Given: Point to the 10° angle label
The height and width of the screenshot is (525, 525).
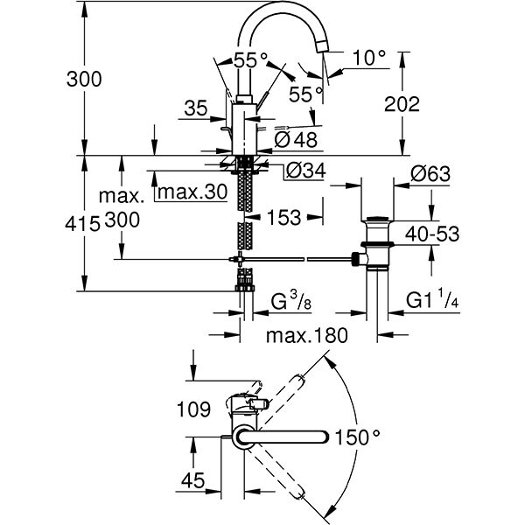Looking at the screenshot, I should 369,58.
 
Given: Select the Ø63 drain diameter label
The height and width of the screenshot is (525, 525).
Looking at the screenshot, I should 429,174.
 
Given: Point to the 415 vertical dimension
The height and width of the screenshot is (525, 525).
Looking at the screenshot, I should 83,224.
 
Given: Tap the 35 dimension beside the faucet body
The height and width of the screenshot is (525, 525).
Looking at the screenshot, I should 196,109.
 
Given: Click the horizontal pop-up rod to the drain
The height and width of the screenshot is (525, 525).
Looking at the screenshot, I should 297,259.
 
